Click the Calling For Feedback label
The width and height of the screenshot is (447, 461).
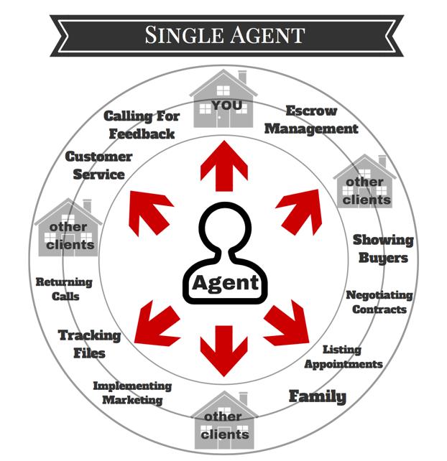pos(142,124)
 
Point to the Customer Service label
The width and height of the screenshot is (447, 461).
pos(99,164)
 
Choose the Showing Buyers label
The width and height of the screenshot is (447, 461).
pos(382,248)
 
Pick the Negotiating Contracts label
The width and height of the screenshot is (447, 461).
pos(379,302)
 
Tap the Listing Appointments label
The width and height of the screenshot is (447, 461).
pos(343,356)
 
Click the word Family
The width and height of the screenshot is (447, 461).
pos(317,396)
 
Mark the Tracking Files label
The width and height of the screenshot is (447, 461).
pos(89,343)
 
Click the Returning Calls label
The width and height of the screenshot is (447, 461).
pos(64,289)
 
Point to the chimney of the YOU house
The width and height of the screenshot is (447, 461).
pos(242,76)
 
